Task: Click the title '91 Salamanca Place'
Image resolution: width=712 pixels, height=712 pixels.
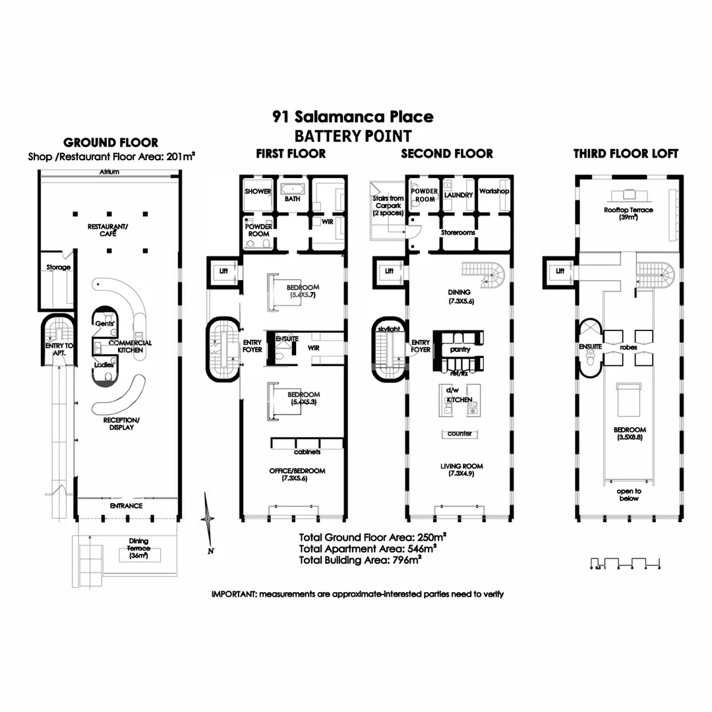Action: pyautogui.click(x=353, y=117)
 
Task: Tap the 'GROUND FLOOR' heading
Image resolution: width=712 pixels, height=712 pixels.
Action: pyautogui.click(x=110, y=142)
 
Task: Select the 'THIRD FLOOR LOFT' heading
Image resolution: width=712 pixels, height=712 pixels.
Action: pyautogui.click(x=626, y=154)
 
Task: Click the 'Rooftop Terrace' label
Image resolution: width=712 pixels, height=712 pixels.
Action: pyautogui.click(x=628, y=210)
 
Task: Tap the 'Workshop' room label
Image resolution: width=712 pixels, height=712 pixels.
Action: pyautogui.click(x=494, y=191)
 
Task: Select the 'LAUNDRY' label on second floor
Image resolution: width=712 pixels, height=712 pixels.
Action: pyautogui.click(x=459, y=196)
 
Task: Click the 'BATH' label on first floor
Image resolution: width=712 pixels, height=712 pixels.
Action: pyautogui.click(x=291, y=196)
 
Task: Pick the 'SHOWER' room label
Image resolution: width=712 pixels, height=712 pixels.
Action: pyautogui.click(x=258, y=192)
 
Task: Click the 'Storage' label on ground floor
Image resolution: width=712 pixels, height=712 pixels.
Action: pyautogui.click(x=58, y=268)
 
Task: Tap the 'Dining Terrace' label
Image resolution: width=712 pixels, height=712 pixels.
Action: pyautogui.click(x=139, y=545)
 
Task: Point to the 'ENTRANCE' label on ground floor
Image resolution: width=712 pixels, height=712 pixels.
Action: pyautogui.click(x=126, y=506)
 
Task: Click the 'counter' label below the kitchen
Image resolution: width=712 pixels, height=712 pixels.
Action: pyautogui.click(x=460, y=434)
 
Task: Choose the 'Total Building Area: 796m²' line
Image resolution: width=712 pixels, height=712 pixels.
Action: pyautogui.click(x=360, y=560)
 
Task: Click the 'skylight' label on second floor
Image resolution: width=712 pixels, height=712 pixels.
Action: pyautogui.click(x=389, y=328)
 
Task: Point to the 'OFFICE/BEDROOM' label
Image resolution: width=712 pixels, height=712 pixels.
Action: pyautogui.click(x=297, y=471)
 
